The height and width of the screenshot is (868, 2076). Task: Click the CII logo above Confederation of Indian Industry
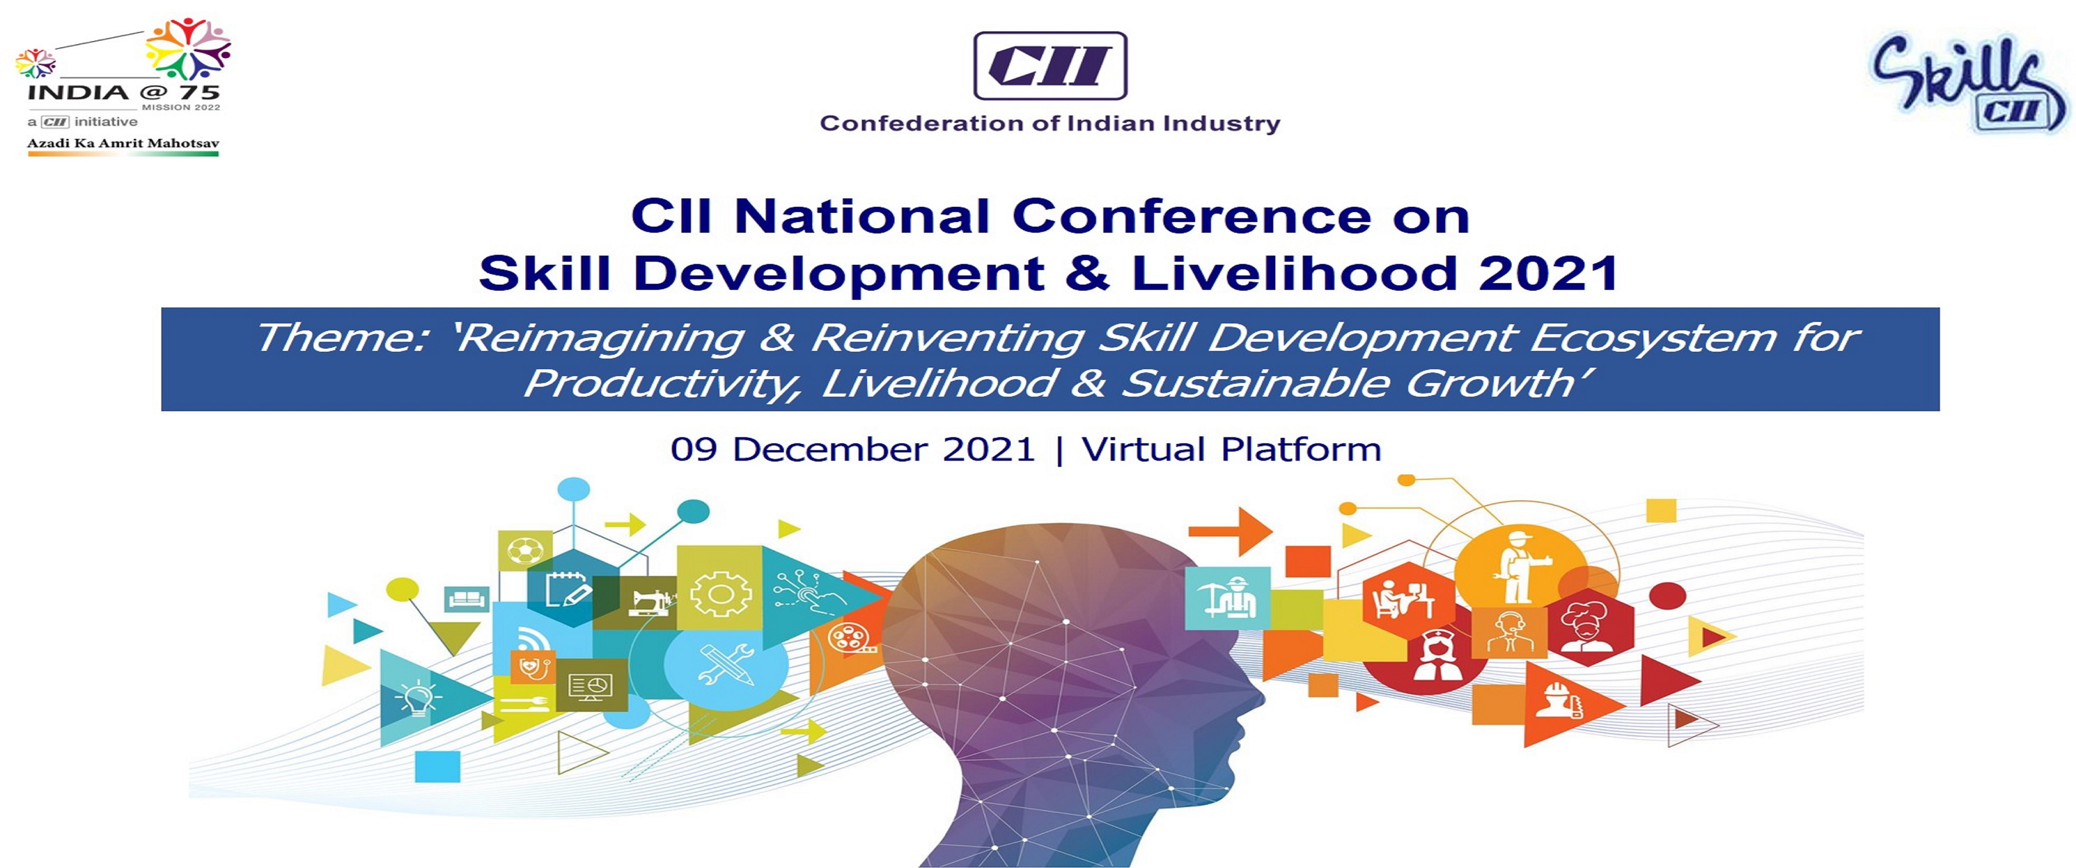[x=1050, y=65]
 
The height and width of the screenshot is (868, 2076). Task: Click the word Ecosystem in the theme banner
[x=1653, y=339]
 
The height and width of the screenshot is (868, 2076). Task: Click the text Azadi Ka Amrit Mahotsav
[x=123, y=143]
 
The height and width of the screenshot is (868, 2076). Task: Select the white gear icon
[x=721, y=594]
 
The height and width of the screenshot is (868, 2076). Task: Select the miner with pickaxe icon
[x=1227, y=597]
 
